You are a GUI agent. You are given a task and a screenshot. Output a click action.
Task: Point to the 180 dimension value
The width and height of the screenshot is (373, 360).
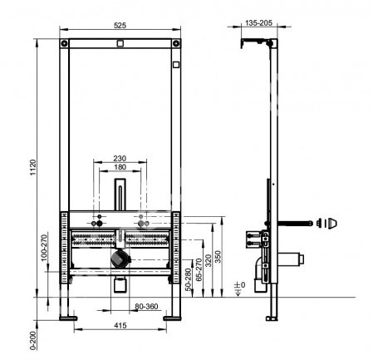(120, 168)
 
